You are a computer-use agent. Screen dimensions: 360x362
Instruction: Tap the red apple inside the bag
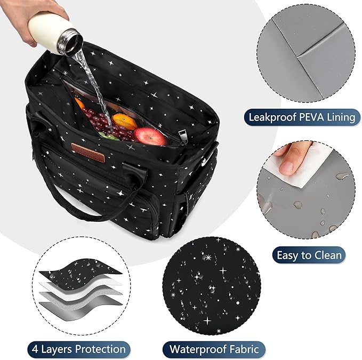(150, 136)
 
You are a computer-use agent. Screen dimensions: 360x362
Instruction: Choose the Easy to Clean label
(310, 255)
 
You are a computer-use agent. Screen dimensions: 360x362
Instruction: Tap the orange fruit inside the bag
(121, 118)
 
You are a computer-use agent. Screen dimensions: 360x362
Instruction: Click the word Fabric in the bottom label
(244, 350)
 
